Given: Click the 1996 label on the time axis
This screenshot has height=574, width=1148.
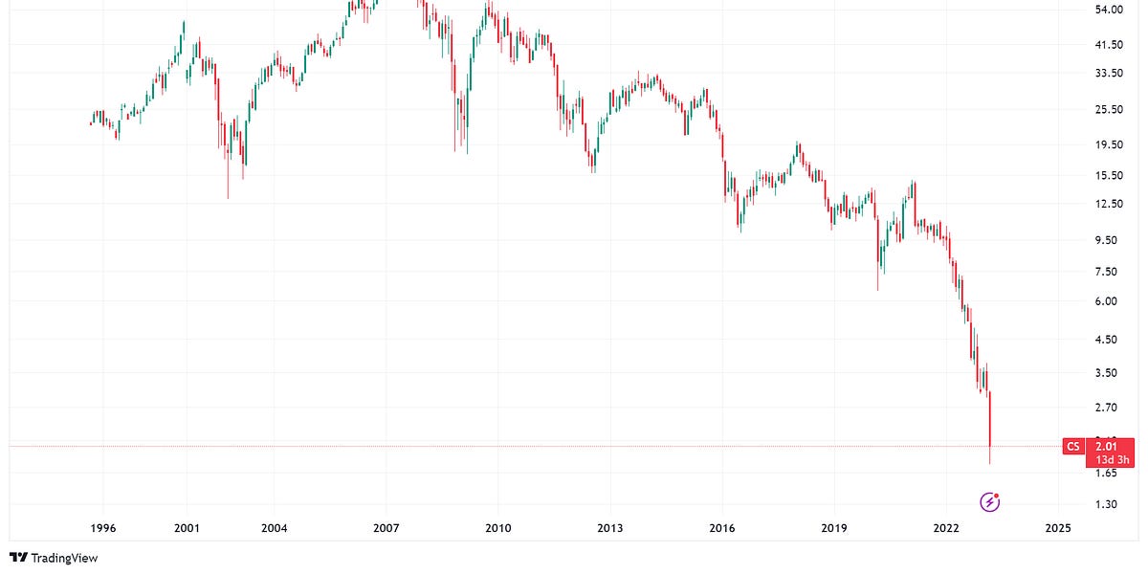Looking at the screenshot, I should point(102,528).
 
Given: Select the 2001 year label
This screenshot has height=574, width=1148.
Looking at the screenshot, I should point(187,528).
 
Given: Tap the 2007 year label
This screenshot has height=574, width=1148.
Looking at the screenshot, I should point(386,528).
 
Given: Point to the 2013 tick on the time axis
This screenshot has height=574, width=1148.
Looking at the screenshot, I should point(609,528).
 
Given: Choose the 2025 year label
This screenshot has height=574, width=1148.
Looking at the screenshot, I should point(1057,528).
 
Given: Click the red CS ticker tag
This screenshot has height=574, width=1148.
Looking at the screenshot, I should point(1073,446).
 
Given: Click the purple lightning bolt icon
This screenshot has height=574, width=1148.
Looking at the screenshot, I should point(991,501).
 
